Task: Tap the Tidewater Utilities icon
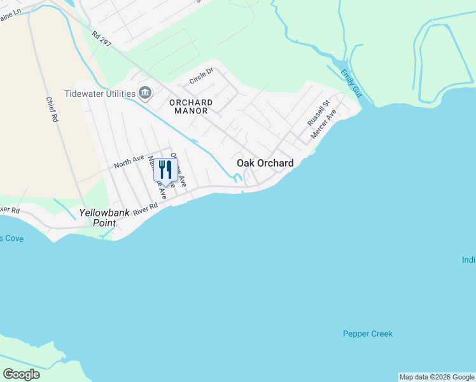click(x=145, y=94)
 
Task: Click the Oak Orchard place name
click(x=265, y=164)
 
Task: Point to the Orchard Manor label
click(x=191, y=106)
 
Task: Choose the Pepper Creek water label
click(x=368, y=334)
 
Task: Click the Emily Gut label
click(x=351, y=83)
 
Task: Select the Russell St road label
click(x=319, y=112)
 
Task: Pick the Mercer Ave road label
click(x=323, y=124)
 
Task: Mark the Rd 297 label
click(x=102, y=40)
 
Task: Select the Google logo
click(x=21, y=374)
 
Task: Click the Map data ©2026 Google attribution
click(x=437, y=377)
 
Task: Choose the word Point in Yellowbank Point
click(x=104, y=223)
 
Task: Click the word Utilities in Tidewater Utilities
click(x=119, y=94)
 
